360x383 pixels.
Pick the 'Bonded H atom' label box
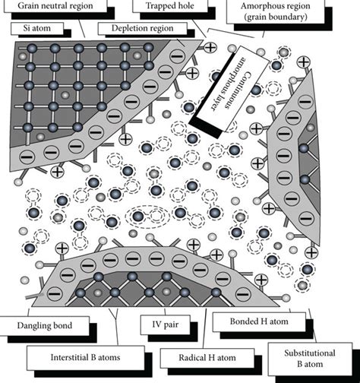click(255, 320)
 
